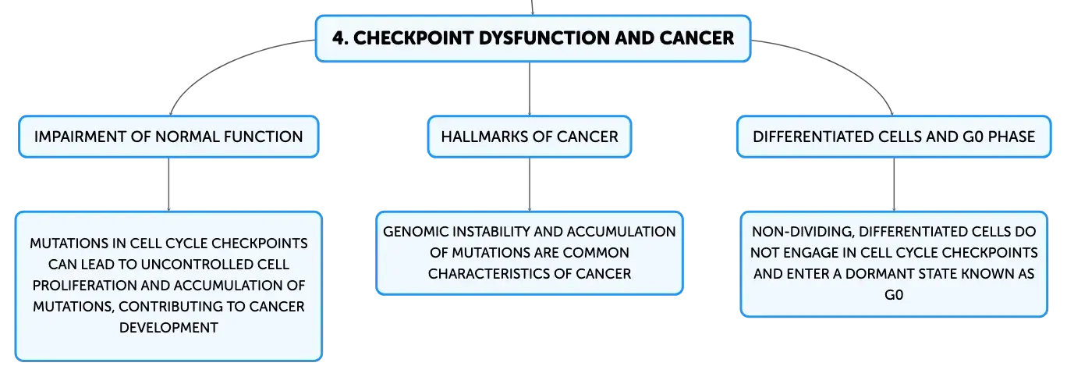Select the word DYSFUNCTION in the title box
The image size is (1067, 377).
(x=542, y=38)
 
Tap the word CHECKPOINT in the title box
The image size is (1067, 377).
(x=413, y=38)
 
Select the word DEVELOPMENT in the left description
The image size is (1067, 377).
(x=168, y=327)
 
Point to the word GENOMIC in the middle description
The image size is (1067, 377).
(x=415, y=232)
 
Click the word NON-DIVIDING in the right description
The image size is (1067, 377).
(x=803, y=232)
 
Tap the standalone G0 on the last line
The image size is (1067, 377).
(x=894, y=295)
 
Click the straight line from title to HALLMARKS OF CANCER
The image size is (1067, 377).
(x=530, y=89)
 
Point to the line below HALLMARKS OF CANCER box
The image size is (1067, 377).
(x=530, y=184)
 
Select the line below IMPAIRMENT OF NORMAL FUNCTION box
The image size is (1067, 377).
(x=168, y=184)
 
